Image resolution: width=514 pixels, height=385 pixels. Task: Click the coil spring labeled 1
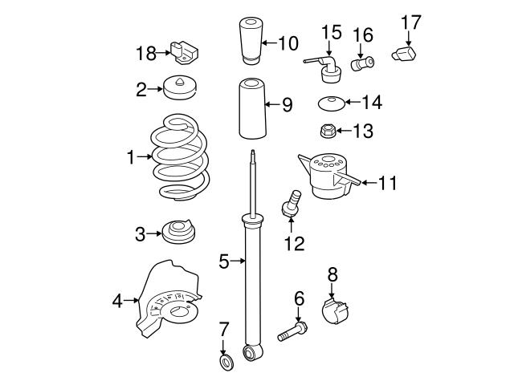tap(182, 160)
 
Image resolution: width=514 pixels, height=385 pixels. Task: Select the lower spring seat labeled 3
tap(179, 233)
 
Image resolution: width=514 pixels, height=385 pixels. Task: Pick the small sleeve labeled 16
tap(361, 63)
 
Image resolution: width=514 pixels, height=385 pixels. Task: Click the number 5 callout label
tap(224, 260)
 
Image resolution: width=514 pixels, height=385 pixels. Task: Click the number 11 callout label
tap(388, 183)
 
